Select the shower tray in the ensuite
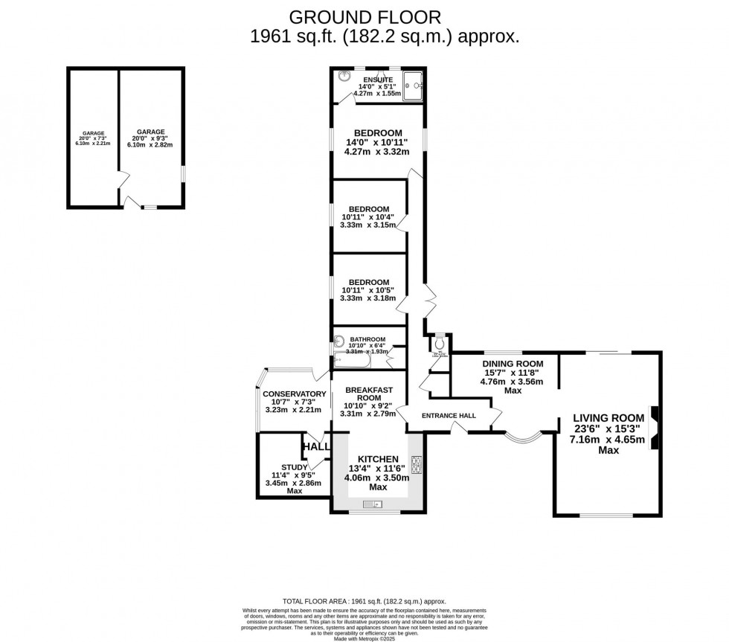(x=412, y=84)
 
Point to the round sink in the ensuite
(x=344, y=76)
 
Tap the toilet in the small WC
(x=440, y=344)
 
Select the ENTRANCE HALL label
(x=449, y=415)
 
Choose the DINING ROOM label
(x=513, y=364)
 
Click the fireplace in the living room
(x=654, y=428)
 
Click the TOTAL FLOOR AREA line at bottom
(x=364, y=600)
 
